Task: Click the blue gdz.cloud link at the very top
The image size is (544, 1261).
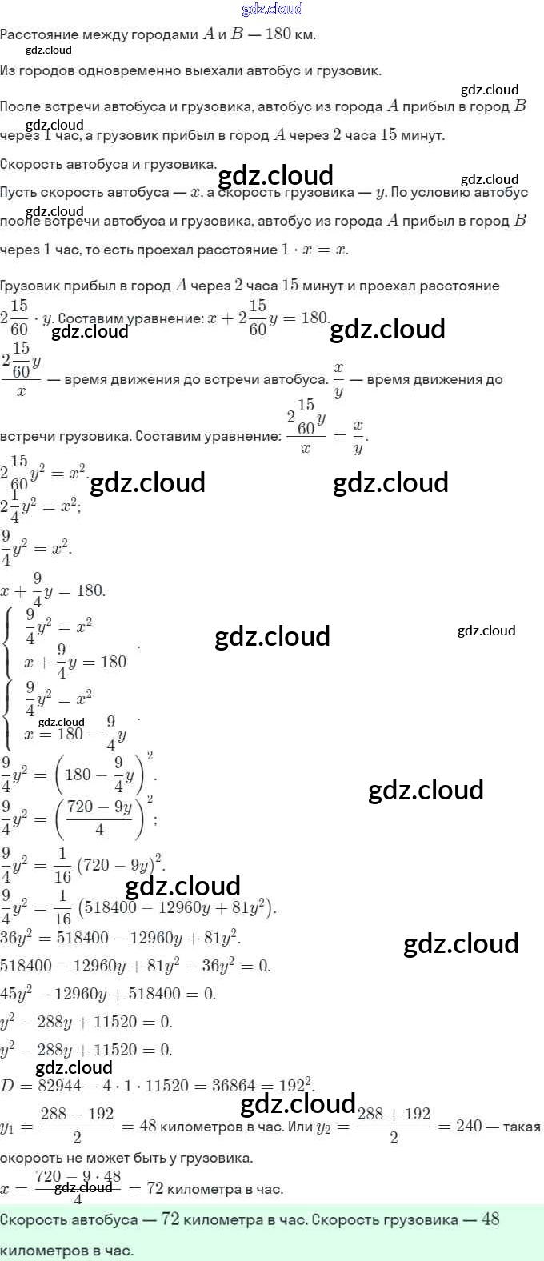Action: pyautogui.click(x=272, y=9)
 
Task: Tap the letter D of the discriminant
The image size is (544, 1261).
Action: pyautogui.click(x=6, y=1086)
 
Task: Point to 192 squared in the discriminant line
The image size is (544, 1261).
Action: pyautogui.click(x=295, y=1085)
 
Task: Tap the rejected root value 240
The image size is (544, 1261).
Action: pyautogui.click(x=469, y=1126)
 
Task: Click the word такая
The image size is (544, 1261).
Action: pyautogui.click(x=522, y=1127)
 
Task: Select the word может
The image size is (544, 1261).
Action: pyautogui.click(x=107, y=1158)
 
